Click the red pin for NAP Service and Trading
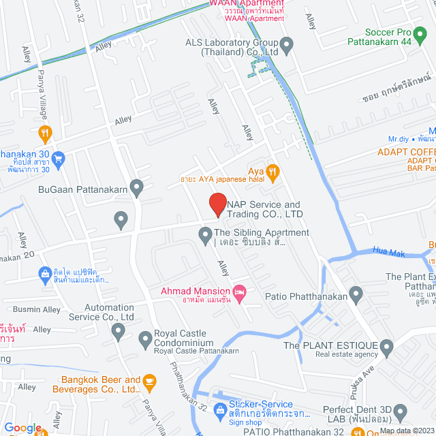[217, 204]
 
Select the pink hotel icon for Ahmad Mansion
[239, 292]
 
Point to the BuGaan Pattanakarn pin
[137, 186]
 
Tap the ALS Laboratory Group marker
[287, 46]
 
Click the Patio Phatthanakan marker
[356, 295]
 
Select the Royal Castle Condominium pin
[145, 338]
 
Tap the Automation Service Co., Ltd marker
[118, 332]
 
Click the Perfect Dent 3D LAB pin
[400, 411]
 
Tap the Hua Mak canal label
[389, 251]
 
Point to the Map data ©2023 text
[406, 431]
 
